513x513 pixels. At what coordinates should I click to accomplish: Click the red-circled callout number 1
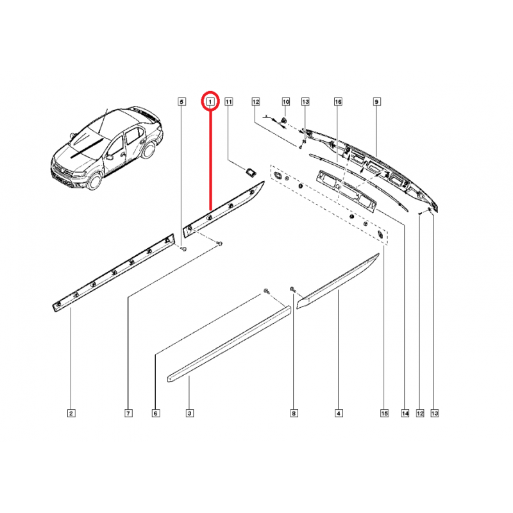pyautogui.click(x=210, y=102)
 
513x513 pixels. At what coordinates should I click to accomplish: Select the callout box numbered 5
pyautogui.click(x=181, y=102)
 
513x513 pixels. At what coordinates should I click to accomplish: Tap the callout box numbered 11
pyautogui.click(x=229, y=102)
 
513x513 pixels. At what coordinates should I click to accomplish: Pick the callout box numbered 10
pyautogui.click(x=286, y=102)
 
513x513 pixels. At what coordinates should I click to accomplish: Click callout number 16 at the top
pyautogui.click(x=338, y=102)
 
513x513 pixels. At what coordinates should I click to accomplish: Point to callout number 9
pyautogui.click(x=376, y=102)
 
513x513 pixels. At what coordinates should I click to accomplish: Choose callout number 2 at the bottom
pyautogui.click(x=71, y=413)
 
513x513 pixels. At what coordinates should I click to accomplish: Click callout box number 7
pyautogui.click(x=128, y=413)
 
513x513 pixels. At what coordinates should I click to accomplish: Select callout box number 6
pyautogui.click(x=155, y=413)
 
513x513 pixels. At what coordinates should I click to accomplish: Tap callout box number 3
pyautogui.click(x=189, y=413)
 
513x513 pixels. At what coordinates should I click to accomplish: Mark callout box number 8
pyautogui.click(x=294, y=413)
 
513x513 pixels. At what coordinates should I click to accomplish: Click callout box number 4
pyautogui.click(x=339, y=413)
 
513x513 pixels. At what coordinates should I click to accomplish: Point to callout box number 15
pyautogui.click(x=384, y=413)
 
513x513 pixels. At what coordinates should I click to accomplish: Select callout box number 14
pyautogui.click(x=405, y=413)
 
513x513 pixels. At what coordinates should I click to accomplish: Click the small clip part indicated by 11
pyautogui.click(x=251, y=172)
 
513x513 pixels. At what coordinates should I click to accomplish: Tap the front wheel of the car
pyautogui.click(x=95, y=181)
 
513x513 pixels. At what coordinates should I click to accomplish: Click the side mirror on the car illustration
pyautogui.click(x=110, y=156)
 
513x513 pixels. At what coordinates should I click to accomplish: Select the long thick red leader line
pyautogui.click(x=211, y=160)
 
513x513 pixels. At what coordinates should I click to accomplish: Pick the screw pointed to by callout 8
pyautogui.click(x=292, y=289)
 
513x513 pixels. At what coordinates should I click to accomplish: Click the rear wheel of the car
pyautogui.click(x=149, y=150)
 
